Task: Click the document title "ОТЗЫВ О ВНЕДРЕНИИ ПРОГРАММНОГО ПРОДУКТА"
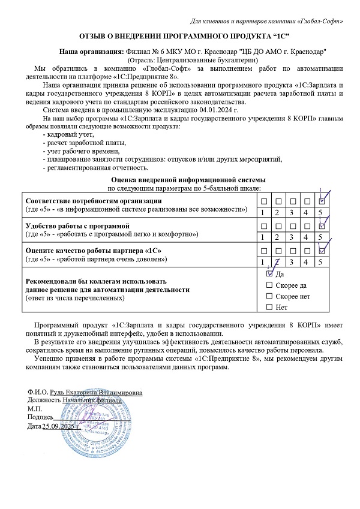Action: (181, 37)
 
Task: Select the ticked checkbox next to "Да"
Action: (269, 273)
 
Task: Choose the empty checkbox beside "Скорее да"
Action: (269, 285)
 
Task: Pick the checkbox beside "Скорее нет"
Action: (269, 296)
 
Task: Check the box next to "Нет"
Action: (269, 308)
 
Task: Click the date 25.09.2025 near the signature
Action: (65, 426)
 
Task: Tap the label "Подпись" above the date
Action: (40, 417)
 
